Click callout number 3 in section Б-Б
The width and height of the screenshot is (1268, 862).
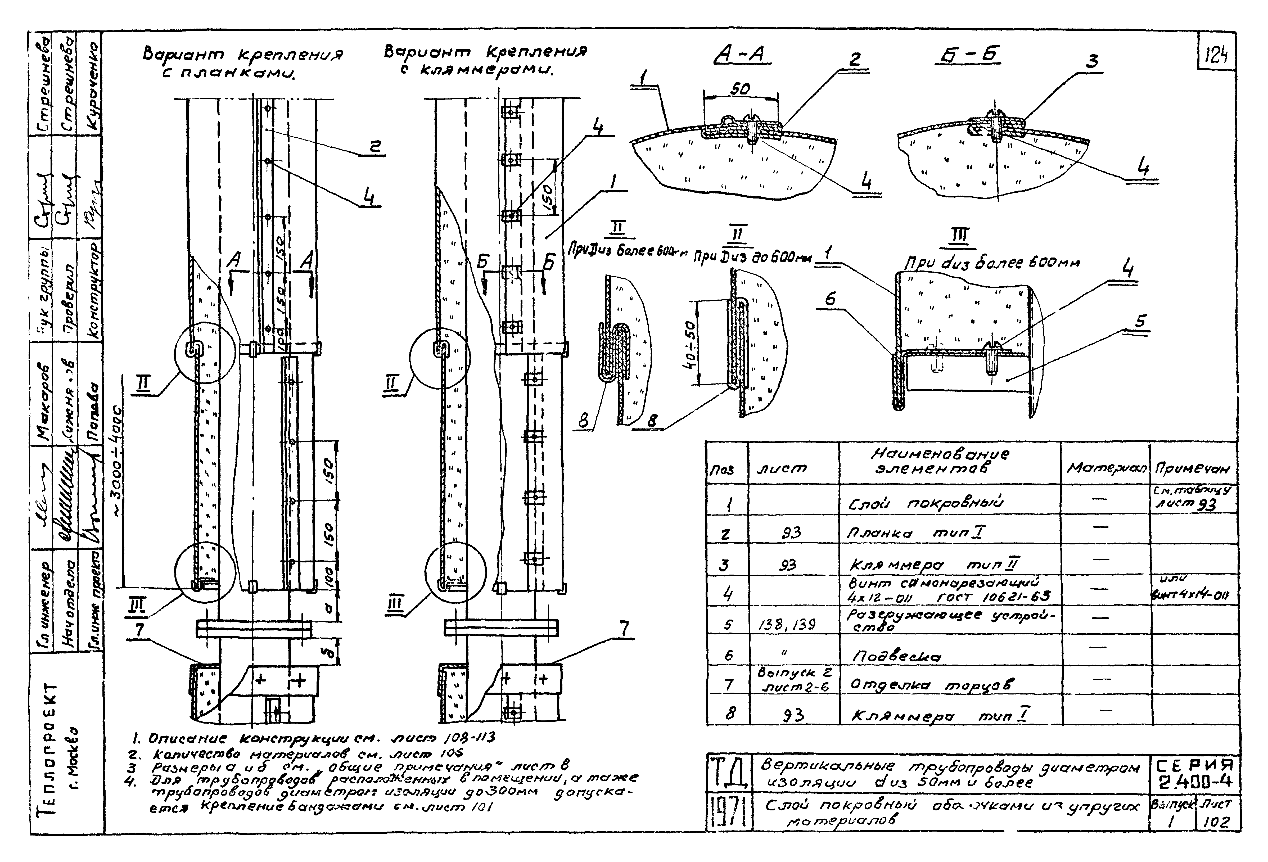tap(1091, 62)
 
